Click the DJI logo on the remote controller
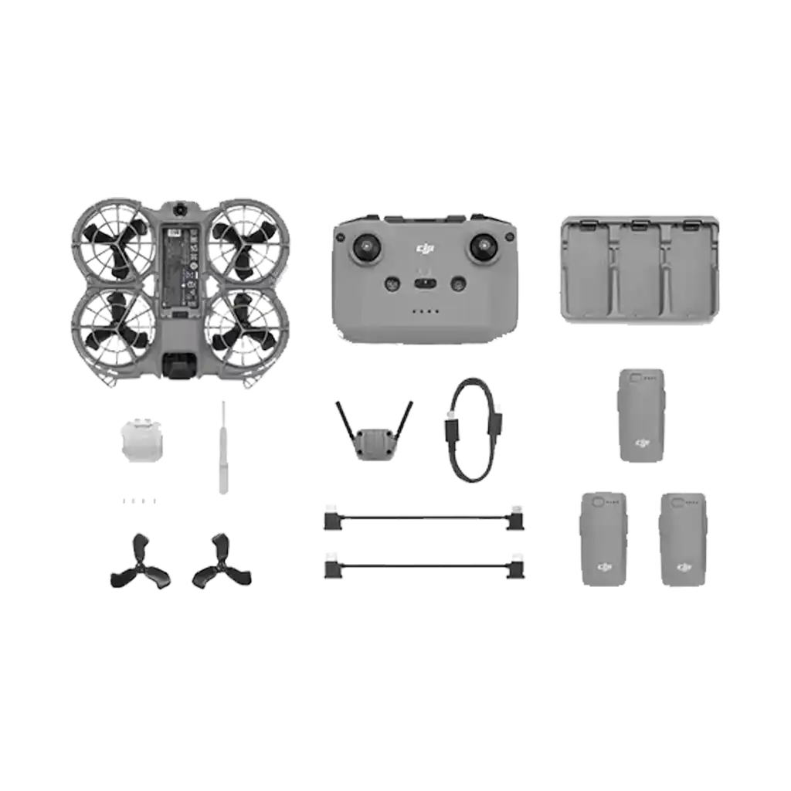pyautogui.click(x=423, y=247)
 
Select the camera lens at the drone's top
pyautogui.click(x=179, y=209)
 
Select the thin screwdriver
pyautogui.click(x=222, y=444)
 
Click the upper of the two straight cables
pyautogui.click(x=423, y=521)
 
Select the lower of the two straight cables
pyautogui.click(x=423, y=570)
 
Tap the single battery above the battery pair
pyautogui.click(x=641, y=415)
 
